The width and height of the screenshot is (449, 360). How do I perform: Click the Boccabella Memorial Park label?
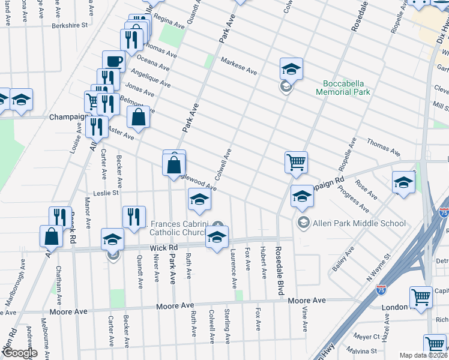point(346,88)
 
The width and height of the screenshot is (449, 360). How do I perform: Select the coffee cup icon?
point(113,61)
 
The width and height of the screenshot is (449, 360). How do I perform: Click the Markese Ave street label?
point(238,66)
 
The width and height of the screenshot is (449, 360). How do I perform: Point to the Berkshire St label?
point(70,26)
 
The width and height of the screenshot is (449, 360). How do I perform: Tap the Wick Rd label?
point(164,247)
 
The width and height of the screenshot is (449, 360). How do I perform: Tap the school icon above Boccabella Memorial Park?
point(291,70)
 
